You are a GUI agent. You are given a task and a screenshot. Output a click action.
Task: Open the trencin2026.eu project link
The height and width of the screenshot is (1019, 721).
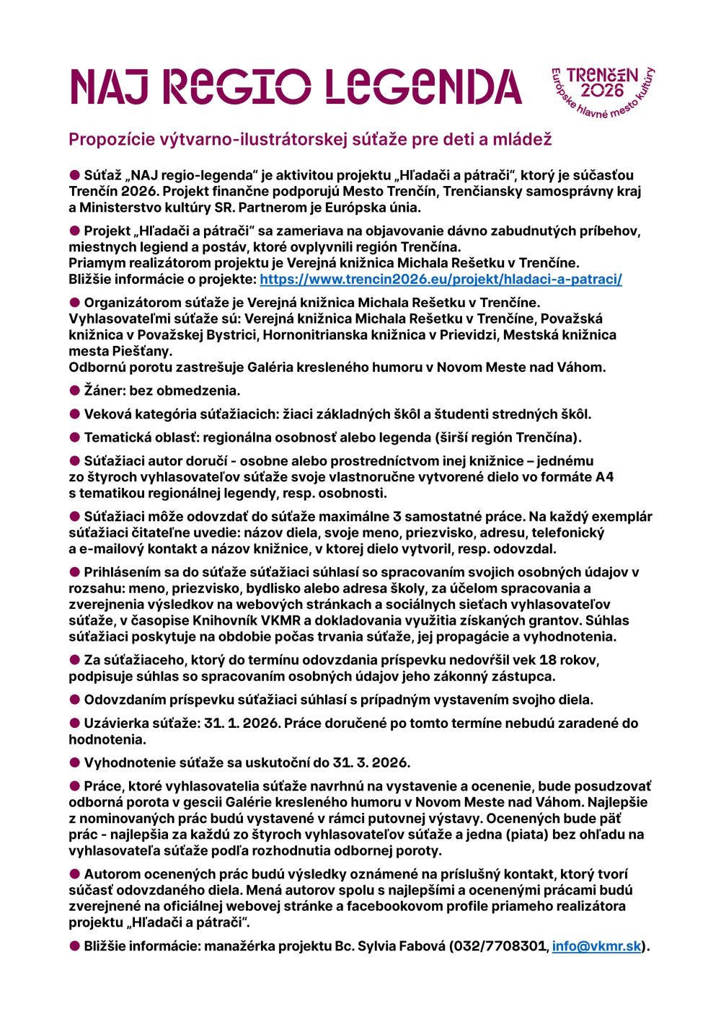point(441,279)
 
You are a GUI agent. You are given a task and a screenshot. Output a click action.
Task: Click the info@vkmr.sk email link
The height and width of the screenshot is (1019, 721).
point(596,946)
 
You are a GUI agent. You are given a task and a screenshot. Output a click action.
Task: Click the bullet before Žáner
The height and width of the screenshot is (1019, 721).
point(74,391)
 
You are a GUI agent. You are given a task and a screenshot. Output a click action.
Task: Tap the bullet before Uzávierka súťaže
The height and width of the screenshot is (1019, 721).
point(74,723)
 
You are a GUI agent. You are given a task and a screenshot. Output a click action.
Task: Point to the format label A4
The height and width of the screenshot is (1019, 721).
point(604,477)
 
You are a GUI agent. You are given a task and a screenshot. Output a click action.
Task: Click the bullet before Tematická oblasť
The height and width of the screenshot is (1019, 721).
point(74,437)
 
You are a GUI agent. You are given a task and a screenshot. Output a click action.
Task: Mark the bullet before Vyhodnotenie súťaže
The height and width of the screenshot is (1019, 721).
point(74,762)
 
